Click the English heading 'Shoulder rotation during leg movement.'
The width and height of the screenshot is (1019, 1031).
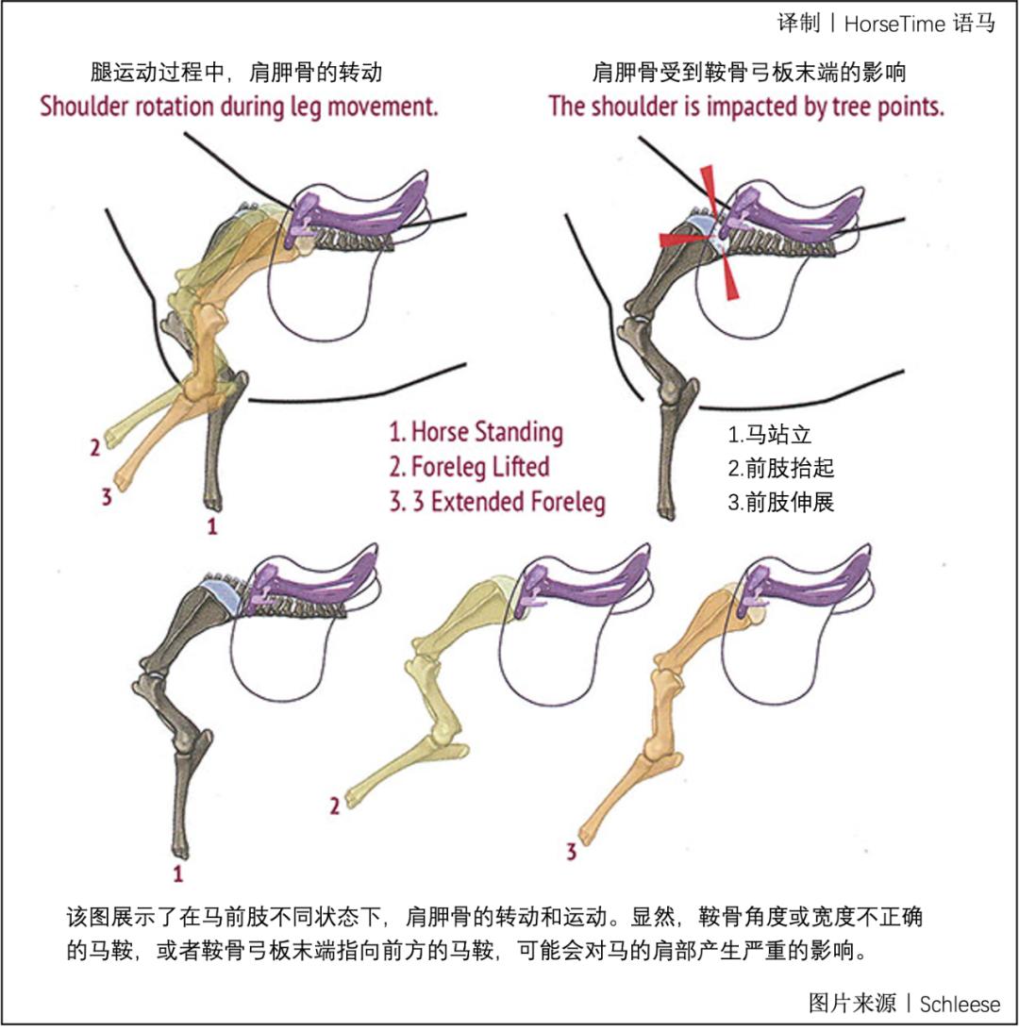239,106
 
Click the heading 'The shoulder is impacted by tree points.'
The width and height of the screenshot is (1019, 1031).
746,106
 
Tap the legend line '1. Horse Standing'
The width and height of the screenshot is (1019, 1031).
476,433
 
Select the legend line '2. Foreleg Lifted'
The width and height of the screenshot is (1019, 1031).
469,466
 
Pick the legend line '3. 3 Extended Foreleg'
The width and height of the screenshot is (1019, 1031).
496,500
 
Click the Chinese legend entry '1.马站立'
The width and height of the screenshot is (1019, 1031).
769,436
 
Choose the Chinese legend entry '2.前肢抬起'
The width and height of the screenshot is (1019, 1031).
780,469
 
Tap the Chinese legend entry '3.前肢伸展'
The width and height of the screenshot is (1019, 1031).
780,502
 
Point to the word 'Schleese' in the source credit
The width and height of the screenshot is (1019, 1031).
960,1004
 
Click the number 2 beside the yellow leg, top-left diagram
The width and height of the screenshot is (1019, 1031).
94,448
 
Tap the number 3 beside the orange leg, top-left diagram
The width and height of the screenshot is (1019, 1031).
107,496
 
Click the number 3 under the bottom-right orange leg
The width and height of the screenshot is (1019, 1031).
571,854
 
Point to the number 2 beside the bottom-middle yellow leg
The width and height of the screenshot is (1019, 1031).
334,806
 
